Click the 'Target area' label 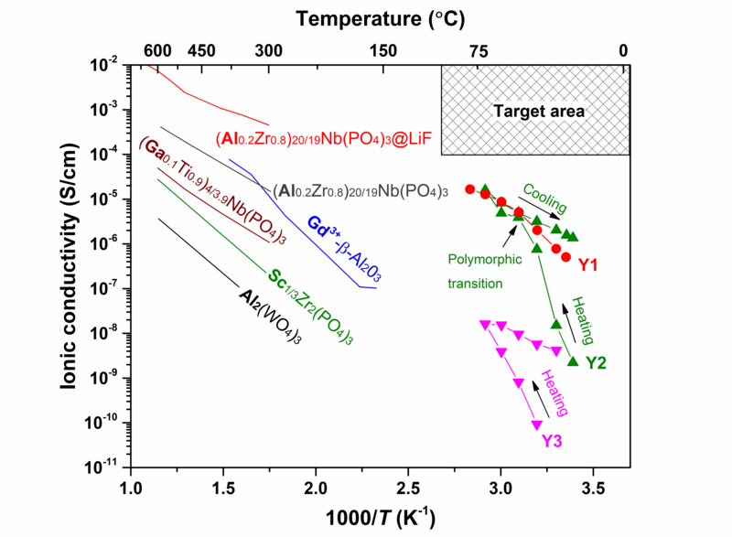point(539,112)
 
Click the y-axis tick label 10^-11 point(104,467)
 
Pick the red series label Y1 point(588,265)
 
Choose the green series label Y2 point(596,363)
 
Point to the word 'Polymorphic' point(484,259)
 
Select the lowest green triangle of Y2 point(573,361)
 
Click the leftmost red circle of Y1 point(470,189)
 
